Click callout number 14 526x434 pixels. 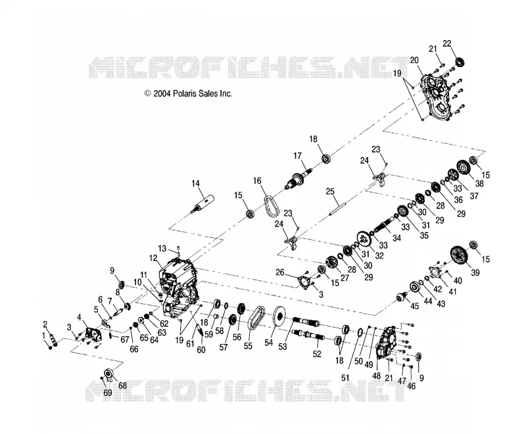[x=195, y=183]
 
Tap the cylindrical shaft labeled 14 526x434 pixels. [x=203, y=203]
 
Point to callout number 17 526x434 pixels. [x=298, y=156]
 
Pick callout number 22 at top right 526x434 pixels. [x=447, y=43]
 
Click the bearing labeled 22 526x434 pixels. [x=460, y=62]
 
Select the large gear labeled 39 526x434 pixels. [x=460, y=256]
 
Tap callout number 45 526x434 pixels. [x=415, y=306]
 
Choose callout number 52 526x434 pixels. [x=317, y=354]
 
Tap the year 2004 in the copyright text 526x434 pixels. [x=162, y=93]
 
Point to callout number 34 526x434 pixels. [x=397, y=238]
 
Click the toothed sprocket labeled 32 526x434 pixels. [x=364, y=239]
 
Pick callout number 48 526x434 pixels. [x=376, y=375]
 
